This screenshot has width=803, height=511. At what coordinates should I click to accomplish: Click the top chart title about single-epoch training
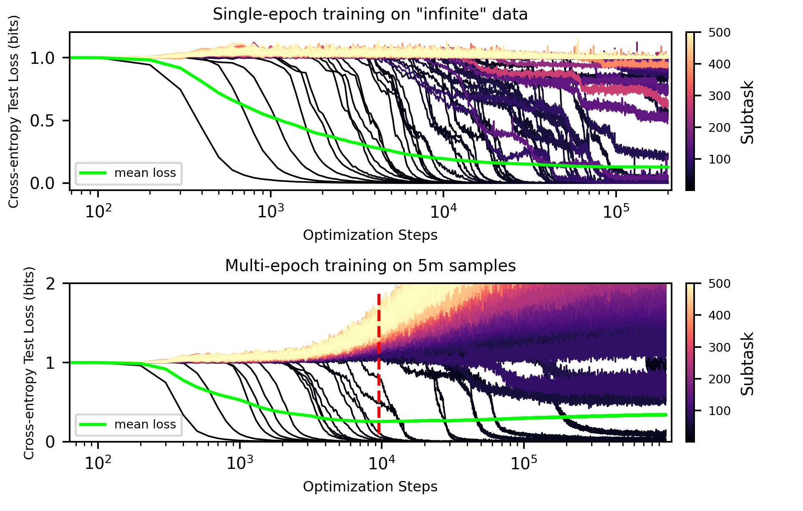coord(370,15)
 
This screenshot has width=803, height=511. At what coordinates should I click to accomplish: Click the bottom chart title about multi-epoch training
coord(370,266)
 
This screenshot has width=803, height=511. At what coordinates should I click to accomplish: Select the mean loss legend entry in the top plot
coord(128,173)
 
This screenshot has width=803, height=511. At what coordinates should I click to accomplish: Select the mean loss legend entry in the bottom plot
coord(128,424)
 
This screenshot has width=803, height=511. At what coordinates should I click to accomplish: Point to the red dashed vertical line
coord(379,363)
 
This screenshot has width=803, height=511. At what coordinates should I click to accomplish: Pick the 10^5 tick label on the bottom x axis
coord(522,463)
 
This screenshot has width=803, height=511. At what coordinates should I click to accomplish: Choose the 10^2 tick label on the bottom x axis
coord(97,463)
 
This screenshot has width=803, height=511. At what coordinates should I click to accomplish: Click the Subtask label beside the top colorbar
coord(748,111)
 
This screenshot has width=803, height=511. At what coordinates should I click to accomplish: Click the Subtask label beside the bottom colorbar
coord(748,362)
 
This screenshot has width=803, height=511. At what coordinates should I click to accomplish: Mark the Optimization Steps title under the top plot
coord(370,235)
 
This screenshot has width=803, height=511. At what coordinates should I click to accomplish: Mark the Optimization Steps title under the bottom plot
coord(370,486)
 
